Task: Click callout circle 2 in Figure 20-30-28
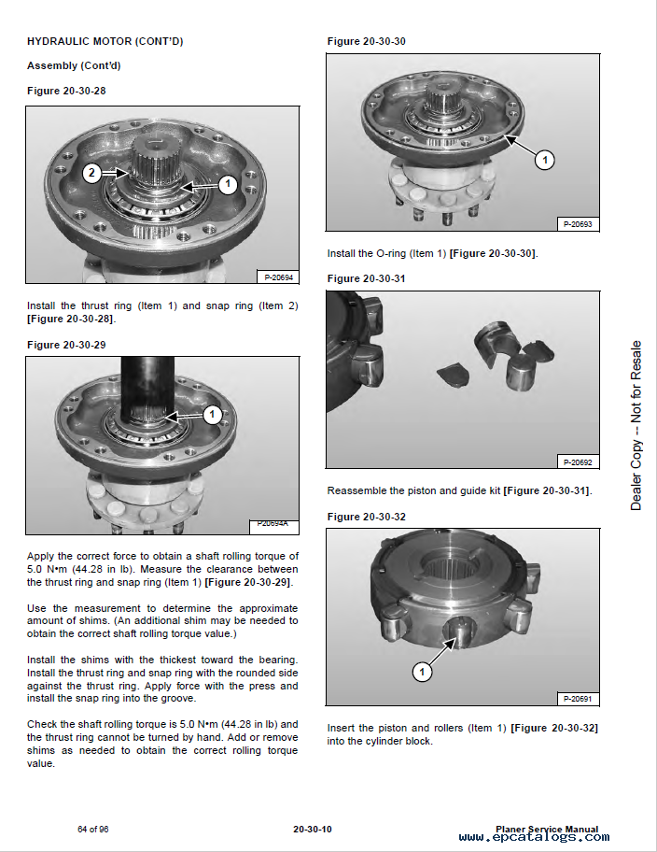coord(91,173)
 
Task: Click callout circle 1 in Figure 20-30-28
coord(227,184)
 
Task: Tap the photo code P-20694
coord(278,277)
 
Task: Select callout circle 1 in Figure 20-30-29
coord(212,414)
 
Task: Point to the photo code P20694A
coord(273,526)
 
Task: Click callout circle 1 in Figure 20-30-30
coord(545,160)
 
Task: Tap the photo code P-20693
coord(579,224)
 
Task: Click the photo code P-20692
coord(579,461)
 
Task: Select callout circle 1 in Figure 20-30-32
coord(421,671)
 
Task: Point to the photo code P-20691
coord(579,699)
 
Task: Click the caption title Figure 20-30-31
coord(366,278)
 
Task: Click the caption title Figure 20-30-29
coord(66,345)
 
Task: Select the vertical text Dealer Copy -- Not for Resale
coord(636,425)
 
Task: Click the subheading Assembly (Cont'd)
coord(74,65)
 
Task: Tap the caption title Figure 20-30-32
coord(366,517)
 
